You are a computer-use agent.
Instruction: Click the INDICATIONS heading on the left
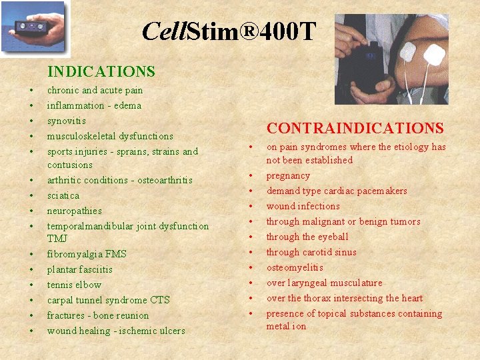[x=101, y=71]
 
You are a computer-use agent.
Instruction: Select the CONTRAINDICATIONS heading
[x=355, y=128]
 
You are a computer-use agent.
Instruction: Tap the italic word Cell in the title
[x=164, y=31]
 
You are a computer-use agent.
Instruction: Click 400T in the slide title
[x=286, y=31]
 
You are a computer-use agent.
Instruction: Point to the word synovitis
[x=66, y=121]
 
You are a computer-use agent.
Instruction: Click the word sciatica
[x=63, y=195]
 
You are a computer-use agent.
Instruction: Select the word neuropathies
[x=74, y=211]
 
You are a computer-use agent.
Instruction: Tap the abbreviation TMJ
[x=57, y=238]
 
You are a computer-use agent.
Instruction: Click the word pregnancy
[x=288, y=175]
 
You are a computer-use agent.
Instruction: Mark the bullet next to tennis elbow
[x=31, y=285]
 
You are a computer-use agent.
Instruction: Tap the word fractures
[x=65, y=315]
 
